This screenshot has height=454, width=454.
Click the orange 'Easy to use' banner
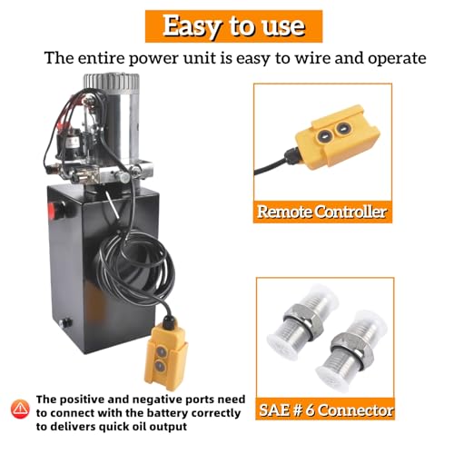click(x=233, y=26)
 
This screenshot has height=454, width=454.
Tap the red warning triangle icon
click(x=20, y=409)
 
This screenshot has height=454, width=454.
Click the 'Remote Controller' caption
click(x=322, y=212)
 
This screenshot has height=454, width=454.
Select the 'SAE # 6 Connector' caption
click(x=325, y=410)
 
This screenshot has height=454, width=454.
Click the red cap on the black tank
click(x=52, y=209)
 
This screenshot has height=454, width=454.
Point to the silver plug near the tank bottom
click(x=65, y=323)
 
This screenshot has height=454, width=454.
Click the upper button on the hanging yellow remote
click(x=161, y=351)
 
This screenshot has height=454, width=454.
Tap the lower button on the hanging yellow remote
click(x=160, y=366)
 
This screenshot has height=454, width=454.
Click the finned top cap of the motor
click(x=112, y=81)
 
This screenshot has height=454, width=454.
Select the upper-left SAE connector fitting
click(x=302, y=320)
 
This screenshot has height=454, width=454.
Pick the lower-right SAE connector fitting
click(x=351, y=350)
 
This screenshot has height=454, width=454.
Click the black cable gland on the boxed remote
click(x=291, y=157)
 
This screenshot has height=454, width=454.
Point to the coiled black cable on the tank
click(x=136, y=266)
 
